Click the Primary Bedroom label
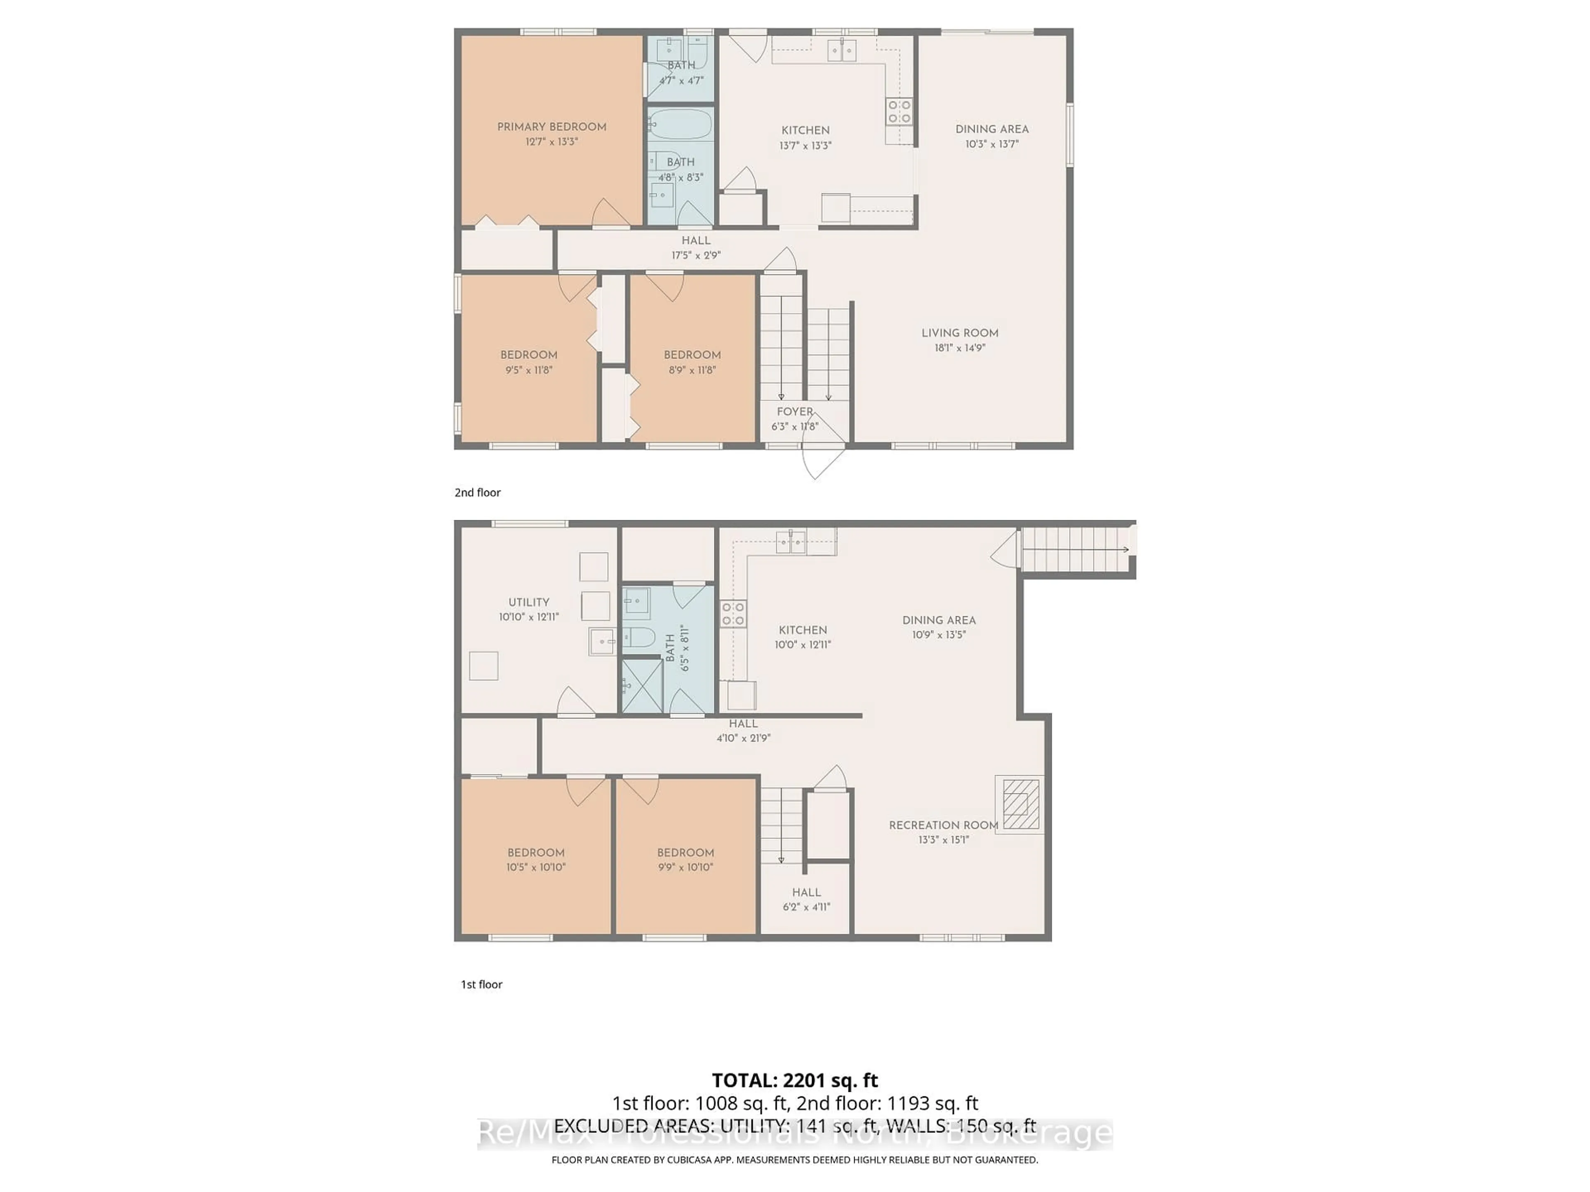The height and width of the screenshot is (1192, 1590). (552, 127)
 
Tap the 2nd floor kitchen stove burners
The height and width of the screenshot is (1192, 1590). (899, 111)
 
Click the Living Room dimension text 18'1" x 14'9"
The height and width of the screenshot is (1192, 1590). (960, 348)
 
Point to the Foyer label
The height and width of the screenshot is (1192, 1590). (794, 412)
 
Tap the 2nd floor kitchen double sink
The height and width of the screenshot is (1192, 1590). (841, 50)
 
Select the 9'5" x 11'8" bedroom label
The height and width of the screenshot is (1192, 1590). (528, 355)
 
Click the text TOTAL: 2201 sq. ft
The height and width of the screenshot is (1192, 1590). (794, 1080)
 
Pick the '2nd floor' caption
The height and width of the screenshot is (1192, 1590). (477, 492)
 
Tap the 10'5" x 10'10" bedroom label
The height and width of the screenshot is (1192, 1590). (535, 853)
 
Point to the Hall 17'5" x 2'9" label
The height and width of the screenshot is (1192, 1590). (695, 241)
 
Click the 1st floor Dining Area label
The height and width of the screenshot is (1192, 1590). (939, 620)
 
